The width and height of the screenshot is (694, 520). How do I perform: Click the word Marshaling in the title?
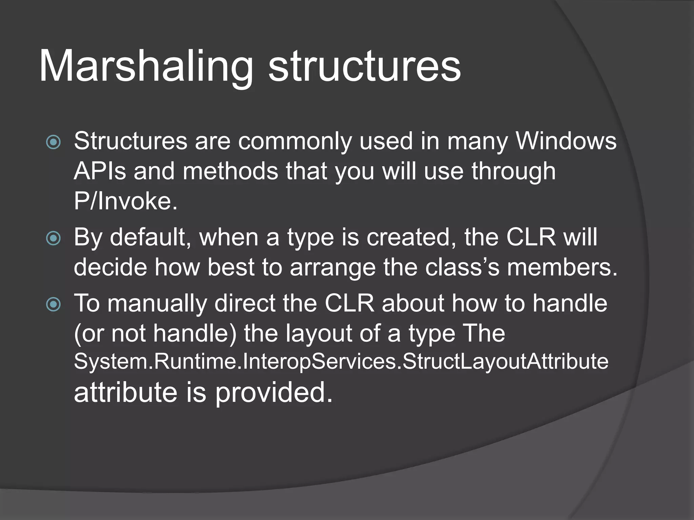146,66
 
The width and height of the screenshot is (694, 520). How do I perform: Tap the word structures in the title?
364,66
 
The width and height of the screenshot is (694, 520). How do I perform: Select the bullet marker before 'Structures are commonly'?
53,143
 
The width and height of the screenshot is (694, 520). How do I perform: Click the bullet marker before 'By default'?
53,239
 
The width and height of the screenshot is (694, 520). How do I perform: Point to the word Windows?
566,141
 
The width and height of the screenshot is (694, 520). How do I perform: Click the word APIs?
100,171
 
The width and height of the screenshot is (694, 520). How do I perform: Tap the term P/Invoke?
125,201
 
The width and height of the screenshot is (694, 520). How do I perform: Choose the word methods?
230,171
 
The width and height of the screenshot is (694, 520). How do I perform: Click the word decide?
110,267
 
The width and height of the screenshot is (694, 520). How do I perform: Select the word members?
563,267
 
